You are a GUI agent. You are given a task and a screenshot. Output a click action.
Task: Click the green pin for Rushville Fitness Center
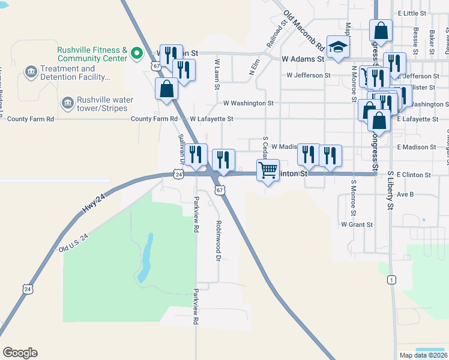[137, 54]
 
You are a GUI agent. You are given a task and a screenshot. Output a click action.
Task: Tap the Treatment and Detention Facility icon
[30, 73]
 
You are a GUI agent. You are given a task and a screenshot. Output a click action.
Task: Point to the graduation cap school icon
[339, 47]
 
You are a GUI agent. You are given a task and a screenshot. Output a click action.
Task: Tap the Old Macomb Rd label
[304, 31]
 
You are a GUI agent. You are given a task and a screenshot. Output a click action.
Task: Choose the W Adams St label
[303, 59]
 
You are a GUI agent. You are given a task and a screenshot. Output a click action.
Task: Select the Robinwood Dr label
[218, 240]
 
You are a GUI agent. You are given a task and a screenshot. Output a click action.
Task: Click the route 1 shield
[392, 280]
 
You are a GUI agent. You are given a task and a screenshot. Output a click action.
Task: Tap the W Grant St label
[357, 224]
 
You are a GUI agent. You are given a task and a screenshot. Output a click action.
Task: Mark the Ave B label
[406, 194]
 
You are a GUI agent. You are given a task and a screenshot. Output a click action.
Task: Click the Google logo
[20, 353]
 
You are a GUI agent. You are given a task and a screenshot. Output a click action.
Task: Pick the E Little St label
[411, 13]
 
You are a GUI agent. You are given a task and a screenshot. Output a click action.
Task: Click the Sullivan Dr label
[182, 148]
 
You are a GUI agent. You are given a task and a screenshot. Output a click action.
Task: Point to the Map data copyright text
[422, 355]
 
